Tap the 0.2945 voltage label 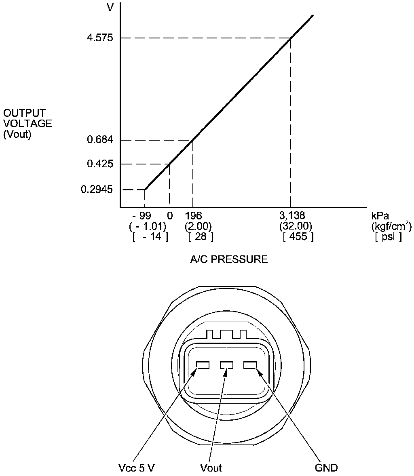click(x=97, y=189)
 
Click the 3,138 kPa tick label click(x=292, y=215)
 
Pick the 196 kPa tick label click(x=193, y=215)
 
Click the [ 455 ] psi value click(x=298, y=237)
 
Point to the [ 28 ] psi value click(x=201, y=237)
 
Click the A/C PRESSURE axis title click(x=229, y=259)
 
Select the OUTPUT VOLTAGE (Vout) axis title click(x=27, y=124)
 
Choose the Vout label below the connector click(x=211, y=468)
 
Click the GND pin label click(x=326, y=468)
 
